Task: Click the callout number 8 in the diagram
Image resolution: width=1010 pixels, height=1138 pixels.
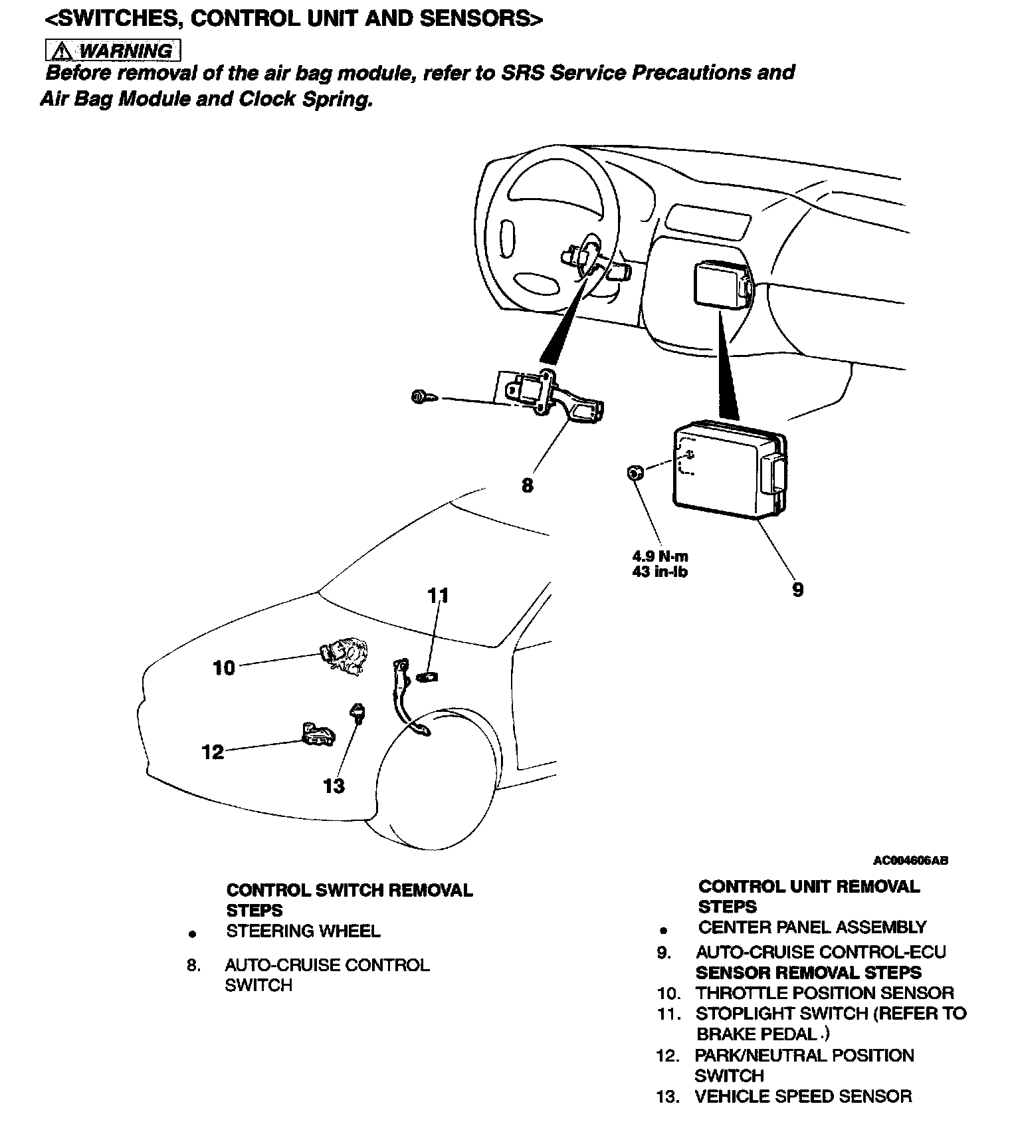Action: click(527, 486)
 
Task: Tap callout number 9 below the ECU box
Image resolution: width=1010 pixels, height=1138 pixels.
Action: click(797, 590)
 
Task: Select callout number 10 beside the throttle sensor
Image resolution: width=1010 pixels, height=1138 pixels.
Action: click(224, 667)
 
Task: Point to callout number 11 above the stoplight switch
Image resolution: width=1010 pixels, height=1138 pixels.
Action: click(438, 596)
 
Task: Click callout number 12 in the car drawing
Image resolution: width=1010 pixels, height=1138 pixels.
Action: click(213, 752)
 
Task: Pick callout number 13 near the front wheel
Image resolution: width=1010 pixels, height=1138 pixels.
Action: click(334, 786)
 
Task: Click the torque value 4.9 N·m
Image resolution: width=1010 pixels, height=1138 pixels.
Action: click(660, 557)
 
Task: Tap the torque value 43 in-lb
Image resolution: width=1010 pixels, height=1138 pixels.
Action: click(660, 572)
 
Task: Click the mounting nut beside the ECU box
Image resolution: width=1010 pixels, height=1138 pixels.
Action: click(634, 473)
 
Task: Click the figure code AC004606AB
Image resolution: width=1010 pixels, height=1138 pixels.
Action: click(910, 861)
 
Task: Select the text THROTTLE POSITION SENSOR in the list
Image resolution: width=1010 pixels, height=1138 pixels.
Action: click(824, 993)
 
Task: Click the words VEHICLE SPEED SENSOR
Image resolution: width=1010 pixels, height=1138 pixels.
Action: click(803, 1096)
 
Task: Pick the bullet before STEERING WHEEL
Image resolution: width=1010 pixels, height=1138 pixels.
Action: click(193, 934)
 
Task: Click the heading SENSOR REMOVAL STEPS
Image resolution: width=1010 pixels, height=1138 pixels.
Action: click(808, 972)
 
